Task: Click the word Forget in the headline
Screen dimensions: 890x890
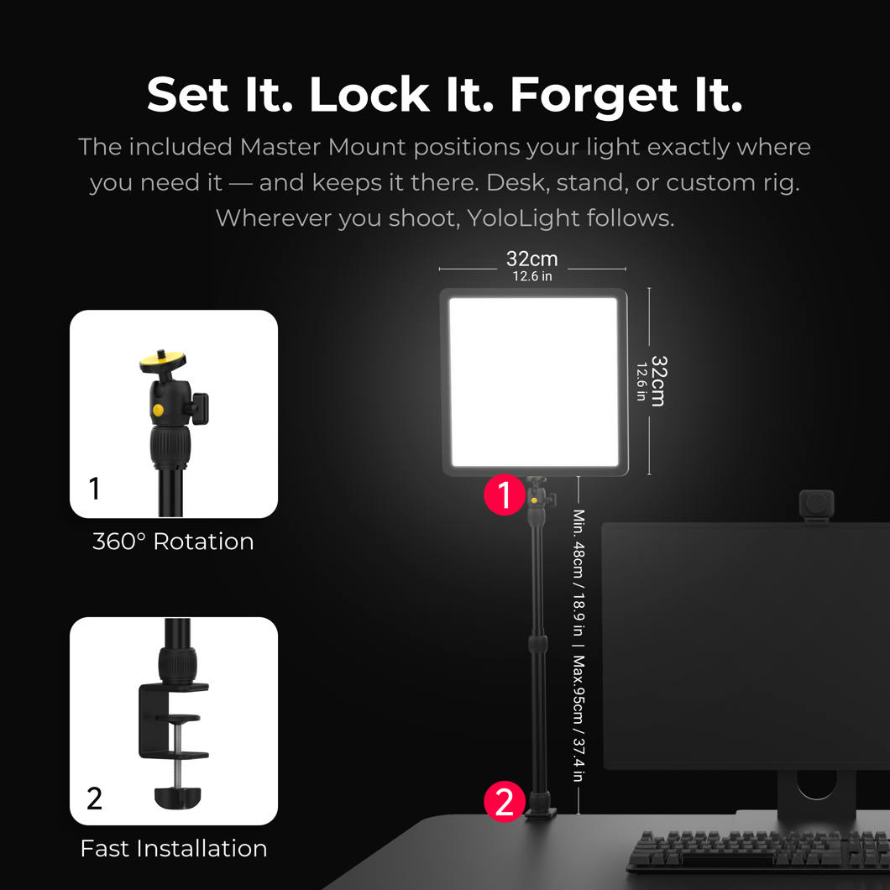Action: (594, 97)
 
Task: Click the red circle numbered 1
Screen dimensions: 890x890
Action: (505, 495)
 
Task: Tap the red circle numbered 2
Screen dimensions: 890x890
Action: (505, 802)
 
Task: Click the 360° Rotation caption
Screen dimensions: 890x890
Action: (173, 542)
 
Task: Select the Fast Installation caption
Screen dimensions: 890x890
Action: (174, 849)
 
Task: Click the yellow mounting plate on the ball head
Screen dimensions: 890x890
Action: (163, 360)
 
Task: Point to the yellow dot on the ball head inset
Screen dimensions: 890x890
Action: (158, 409)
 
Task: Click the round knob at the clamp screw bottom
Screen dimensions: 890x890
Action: (178, 797)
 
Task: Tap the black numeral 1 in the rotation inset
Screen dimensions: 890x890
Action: (94, 488)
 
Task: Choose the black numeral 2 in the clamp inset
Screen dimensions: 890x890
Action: (94, 798)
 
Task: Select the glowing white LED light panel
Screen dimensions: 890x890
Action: (533, 382)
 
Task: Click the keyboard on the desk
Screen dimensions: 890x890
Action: (758, 851)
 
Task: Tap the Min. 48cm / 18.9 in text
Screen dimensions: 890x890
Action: (578, 573)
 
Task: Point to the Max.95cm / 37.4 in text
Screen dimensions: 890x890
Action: (578, 719)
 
